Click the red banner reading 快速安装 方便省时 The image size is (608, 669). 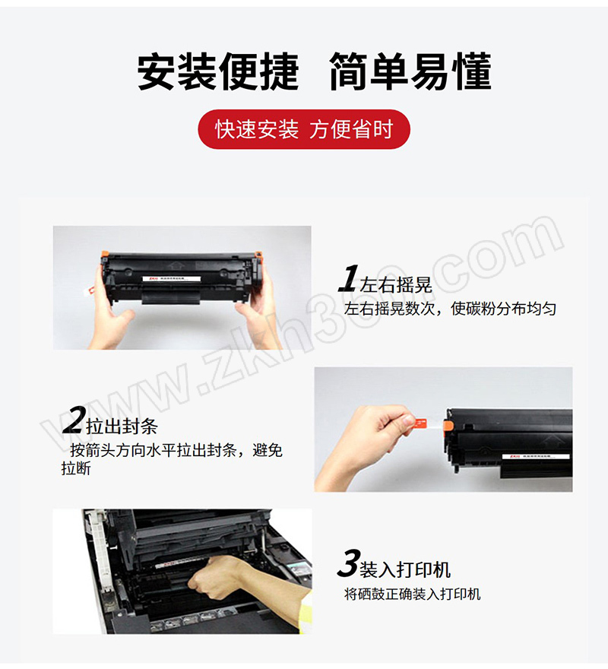(x=304, y=128)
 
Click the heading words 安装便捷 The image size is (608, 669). (x=217, y=71)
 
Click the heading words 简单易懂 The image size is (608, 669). (x=410, y=71)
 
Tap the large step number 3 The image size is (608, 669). (x=349, y=563)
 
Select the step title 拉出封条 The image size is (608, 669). (x=122, y=426)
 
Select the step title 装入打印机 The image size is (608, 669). (x=405, y=569)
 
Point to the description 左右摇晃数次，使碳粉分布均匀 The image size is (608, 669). (x=450, y=309)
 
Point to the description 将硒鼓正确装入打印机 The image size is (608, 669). (x=413, y=594)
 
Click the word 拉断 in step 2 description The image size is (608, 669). (x=76, y=468)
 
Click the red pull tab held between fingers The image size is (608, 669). (x=423, y=423)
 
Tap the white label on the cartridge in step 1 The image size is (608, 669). (x=172, y=279)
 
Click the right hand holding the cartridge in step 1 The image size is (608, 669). (x=260, y=312)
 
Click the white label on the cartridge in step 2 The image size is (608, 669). (x=537, y=457)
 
